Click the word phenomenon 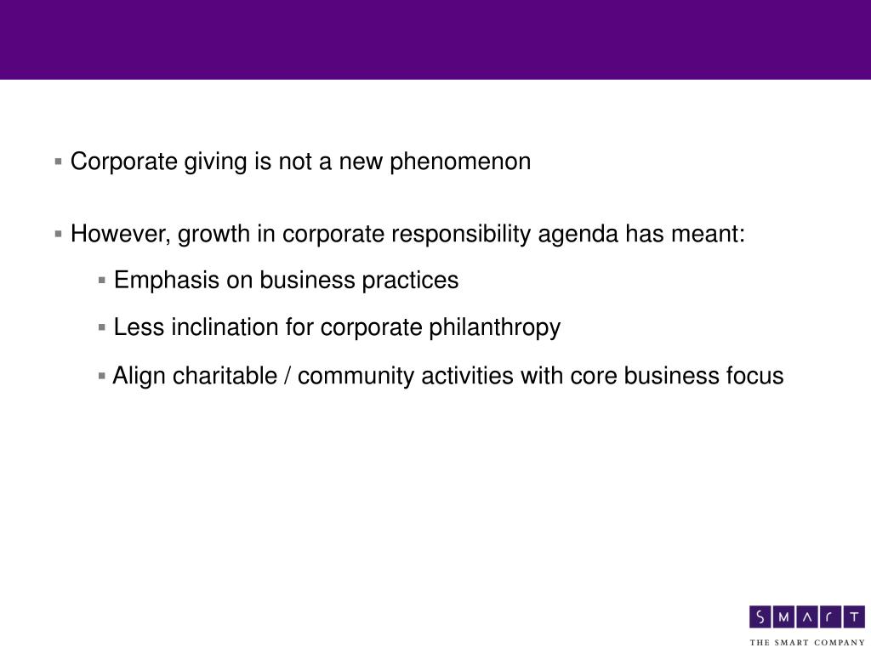point(460,162)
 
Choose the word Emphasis point(167,280)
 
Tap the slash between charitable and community point(290,376)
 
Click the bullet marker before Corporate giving point(58,162)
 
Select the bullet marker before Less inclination point(102,327)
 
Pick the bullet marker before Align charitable point(102,376)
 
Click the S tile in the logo point(761,616)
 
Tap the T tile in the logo point(854,616)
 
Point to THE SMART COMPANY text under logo point(806,642)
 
